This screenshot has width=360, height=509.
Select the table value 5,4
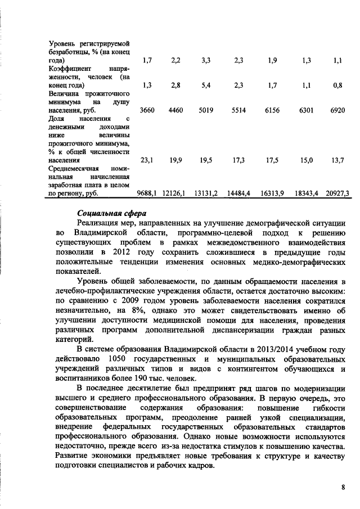(x=206, y=85)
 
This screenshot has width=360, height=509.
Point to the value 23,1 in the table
(x=147, y=160)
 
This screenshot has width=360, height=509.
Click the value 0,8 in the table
(x=337, y=85)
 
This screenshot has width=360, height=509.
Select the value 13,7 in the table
(x=337, y=160)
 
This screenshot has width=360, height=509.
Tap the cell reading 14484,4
(x=238, y=193)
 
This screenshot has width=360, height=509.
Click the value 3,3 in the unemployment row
(x=206, y=60)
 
